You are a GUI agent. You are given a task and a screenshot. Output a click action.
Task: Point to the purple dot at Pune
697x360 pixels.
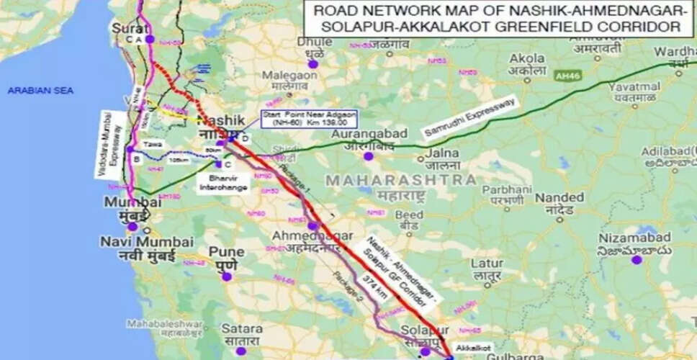pyautogui.click(x=226, y=276)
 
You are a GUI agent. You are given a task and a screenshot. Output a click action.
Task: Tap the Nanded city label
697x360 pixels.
pyautogui.click(x=559, y=197)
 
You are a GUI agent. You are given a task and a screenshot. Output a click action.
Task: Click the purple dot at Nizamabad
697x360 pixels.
pyautogui.click(x=636, y=259)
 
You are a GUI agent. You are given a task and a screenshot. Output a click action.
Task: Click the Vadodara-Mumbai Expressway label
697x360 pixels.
pyautogui.click(x=112, y=145)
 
